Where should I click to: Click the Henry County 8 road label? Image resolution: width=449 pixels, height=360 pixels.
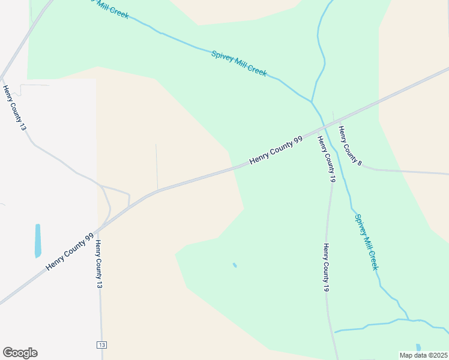click(350, 146)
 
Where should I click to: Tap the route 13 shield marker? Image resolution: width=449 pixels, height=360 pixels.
click(101, 344)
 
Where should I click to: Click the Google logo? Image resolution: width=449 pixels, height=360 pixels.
click(20, 353)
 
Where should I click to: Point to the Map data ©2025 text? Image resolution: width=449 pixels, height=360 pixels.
click(423, 355)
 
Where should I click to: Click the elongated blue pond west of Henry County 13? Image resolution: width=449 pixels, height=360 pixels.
click(38, 241)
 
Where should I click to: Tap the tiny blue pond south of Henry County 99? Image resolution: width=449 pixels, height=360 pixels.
click(235, 265)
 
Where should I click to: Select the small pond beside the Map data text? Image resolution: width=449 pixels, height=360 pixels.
click(418, 347)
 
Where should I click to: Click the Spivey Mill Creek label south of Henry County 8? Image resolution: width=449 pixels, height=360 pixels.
click(366, 242)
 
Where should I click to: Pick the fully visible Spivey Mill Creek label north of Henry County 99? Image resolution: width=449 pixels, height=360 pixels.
click(239, 63)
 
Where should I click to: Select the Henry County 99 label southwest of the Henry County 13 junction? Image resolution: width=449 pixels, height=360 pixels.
click(70, 251)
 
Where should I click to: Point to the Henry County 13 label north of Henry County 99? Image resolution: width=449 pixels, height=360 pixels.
click(14, 108)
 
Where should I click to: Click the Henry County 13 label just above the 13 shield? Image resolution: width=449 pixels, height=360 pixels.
click(99, 264)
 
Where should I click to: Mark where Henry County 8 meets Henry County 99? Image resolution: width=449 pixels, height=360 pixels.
click(334, 118)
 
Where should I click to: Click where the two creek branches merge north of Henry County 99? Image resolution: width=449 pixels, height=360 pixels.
click(312, 101)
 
